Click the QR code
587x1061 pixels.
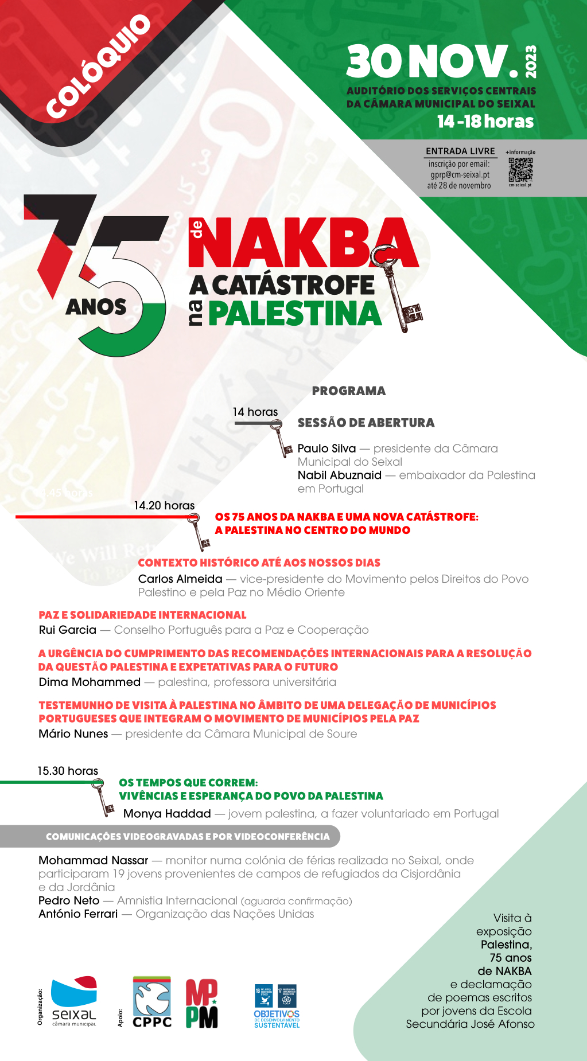(520, 169)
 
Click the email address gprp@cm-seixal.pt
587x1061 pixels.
(460, 175)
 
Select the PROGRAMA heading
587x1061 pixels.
(348, 391)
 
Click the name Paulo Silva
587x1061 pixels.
(326, 448)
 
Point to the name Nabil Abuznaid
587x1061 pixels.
(339, 475)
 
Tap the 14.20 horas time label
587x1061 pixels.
(164, 505)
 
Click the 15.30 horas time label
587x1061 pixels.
(68, 771)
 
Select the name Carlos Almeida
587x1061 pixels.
(180, 579)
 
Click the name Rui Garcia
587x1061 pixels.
(67, 630)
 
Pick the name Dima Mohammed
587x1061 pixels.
(90, 682)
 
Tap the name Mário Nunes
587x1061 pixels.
(73, 734)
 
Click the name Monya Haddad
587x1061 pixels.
(167, 813)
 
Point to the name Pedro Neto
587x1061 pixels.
(69, 900)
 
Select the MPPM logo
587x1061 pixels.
(201, 1004)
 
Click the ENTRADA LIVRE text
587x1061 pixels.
(460, 151)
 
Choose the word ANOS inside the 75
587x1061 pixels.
(96, 307)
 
